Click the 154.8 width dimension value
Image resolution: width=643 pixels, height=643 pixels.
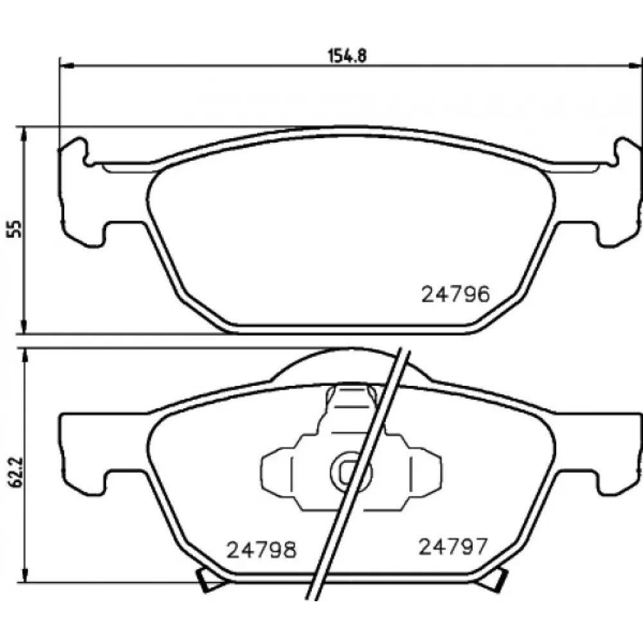pyautogui.click(x=347, y=55)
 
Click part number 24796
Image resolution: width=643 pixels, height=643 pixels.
pyautogui.click(x=456, y=294)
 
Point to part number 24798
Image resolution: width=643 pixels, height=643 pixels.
pyautogui.click(x=261, y=550)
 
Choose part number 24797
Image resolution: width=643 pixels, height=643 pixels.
pyautogui.click(x=453, y=546)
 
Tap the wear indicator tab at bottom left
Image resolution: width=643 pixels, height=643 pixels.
pyautogui.click(x=209, y=580)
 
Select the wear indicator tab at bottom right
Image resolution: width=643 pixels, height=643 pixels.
pyautogui.click(x=494, y=580)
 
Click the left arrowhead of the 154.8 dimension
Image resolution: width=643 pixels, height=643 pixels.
pyautogui.click(x=66, y=65)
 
